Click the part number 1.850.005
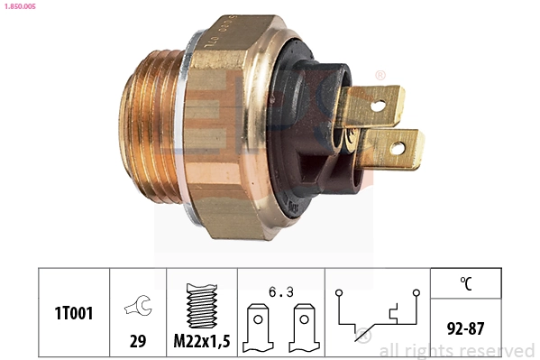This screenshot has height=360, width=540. (20, 5)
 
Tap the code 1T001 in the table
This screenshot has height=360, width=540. (73, 313)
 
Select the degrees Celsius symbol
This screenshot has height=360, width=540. (466, 284)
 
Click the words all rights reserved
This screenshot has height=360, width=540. (456, 350)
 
